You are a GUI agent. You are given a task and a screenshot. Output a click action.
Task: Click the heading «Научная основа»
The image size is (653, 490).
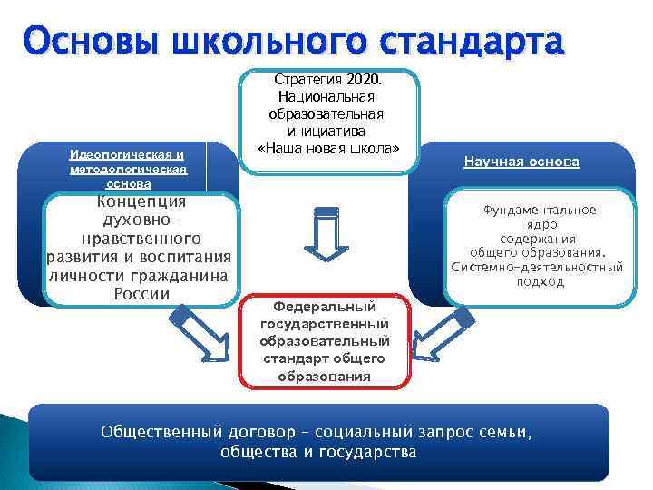(521, 162)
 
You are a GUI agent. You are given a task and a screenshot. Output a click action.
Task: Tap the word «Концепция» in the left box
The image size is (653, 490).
(141, 201)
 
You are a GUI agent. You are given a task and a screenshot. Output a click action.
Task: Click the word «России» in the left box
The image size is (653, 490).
(141, 294)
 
